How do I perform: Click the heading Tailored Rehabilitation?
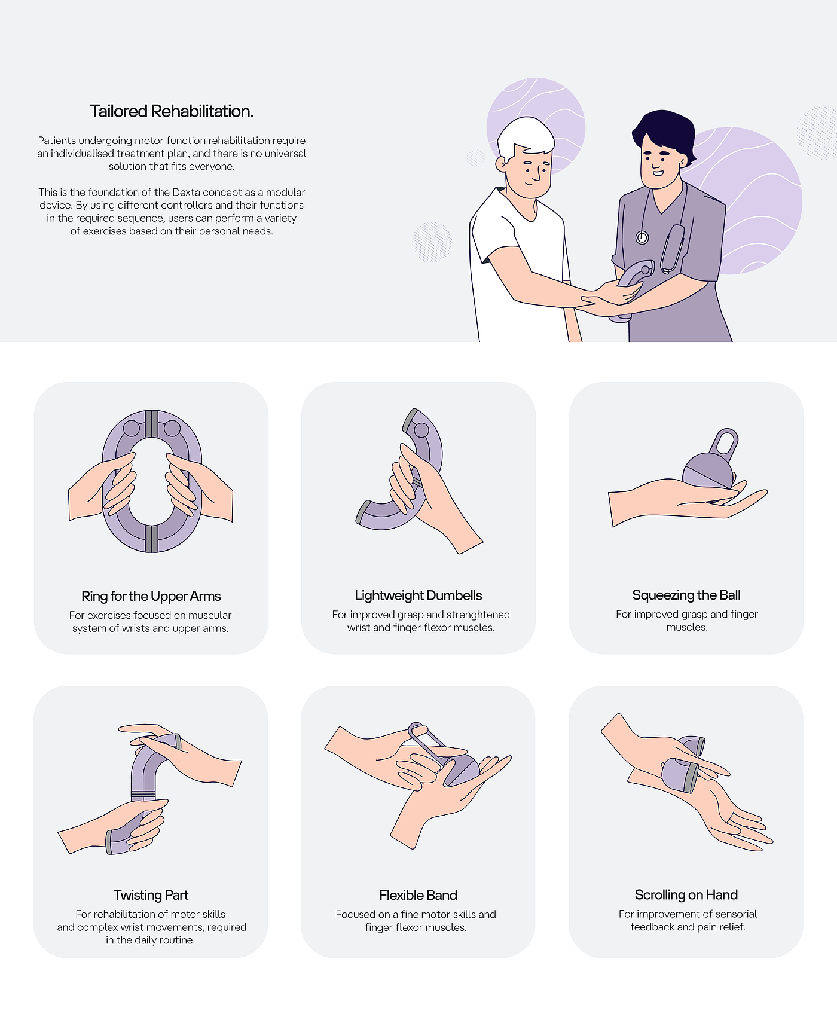[x=172, y=111]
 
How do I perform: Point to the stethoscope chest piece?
[x=642, y=237]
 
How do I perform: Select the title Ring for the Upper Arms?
[x=151, y=596]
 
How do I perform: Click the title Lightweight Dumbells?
[x=418, y=595]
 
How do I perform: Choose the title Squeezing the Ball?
[x=686, y=595]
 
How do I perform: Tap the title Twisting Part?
[x=151, y=895]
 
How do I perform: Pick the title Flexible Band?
[x=418, y=895]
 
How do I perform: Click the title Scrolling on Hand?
[x=686, y=895]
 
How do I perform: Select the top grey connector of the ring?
[x=152, y=424]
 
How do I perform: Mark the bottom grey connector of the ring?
[x=152, y=539]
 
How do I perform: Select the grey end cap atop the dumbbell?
[x=410, y=419]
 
